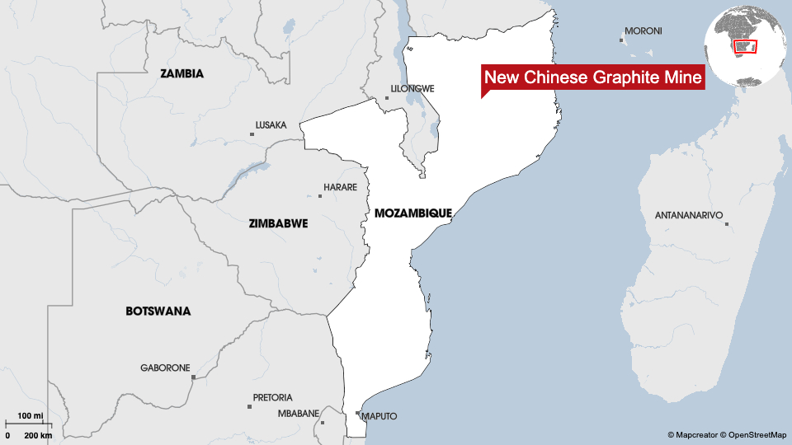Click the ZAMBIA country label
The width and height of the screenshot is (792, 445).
coord(181,73)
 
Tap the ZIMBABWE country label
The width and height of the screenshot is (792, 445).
coord(278,223)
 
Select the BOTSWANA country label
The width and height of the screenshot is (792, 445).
coord(158,311)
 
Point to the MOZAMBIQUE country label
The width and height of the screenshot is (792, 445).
coord(412,213)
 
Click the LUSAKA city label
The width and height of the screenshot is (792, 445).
coord(271,125)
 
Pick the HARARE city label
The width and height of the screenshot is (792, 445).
coord(340,187)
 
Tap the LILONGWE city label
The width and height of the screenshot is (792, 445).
coord(412,88)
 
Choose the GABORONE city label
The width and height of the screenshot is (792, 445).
coord(165,368)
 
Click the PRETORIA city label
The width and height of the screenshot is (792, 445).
coord(272,397)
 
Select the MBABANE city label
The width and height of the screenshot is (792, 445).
coord(298,414)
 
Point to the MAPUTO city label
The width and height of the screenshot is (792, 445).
coord(379,416)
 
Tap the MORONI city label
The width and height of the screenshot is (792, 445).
coord(643,31)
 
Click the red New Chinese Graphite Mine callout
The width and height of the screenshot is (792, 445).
coord(592,77)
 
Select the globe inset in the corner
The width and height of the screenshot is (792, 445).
coord(745,47)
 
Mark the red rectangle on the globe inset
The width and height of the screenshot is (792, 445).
coord(745,45)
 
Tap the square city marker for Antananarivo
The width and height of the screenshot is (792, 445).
coord(727,223)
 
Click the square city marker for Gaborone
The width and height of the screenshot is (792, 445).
coord(193,377)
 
